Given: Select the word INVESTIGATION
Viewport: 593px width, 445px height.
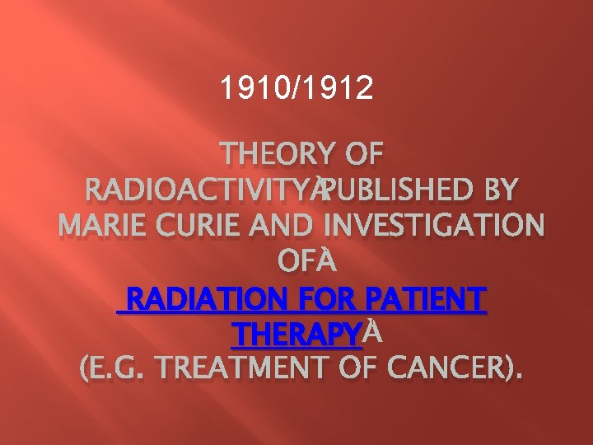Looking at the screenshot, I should point(434,226).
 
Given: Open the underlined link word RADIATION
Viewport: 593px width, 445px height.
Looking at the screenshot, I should point(206,297).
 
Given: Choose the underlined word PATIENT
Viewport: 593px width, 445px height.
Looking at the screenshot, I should point(428,297).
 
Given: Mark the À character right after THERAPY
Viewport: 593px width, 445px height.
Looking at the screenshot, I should point(372,333).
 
